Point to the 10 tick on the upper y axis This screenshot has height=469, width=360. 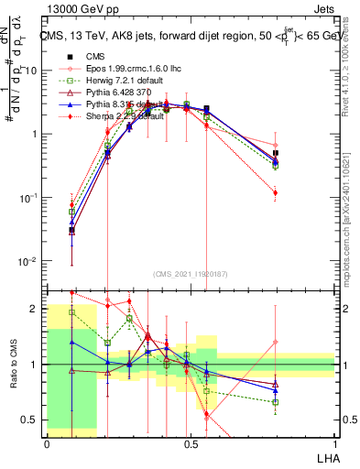[33, 71]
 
